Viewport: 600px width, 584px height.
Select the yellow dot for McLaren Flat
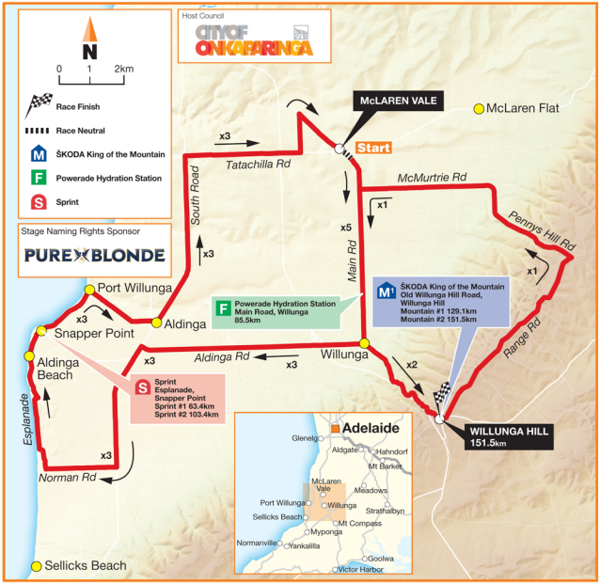tap(478, 109)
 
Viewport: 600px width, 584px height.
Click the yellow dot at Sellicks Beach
tap(37, 565)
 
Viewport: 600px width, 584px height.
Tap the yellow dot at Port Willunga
tap(88, 289)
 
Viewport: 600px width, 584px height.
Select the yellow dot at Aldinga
tap(156, 322)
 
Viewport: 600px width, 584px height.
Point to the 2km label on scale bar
tap(123, 70)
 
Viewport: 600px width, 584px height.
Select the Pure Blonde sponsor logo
tap(94, 255)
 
